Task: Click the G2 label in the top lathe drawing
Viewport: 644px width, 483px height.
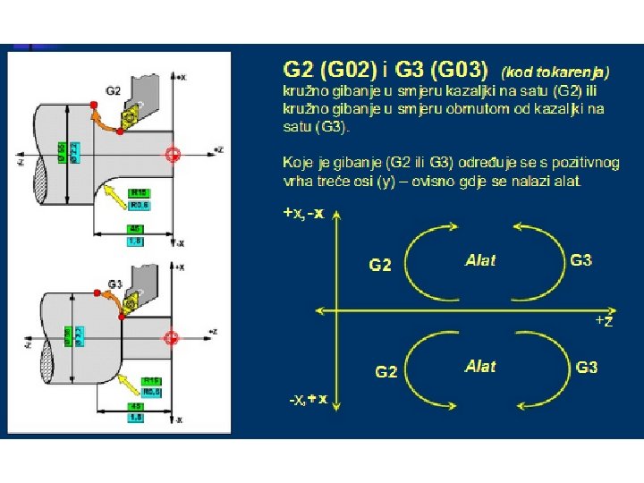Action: point(113,90)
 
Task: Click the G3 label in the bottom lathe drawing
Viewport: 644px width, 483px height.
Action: point(114,284)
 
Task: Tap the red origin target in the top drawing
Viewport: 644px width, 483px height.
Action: point(174,154)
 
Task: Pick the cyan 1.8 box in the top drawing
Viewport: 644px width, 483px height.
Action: point(135,241)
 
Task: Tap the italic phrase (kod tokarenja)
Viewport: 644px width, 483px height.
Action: point(555,70)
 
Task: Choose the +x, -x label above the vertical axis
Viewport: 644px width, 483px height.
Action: point(303,214)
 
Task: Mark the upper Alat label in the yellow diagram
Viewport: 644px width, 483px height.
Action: point(480,260)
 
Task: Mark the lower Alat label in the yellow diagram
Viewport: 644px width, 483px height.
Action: point(480,366)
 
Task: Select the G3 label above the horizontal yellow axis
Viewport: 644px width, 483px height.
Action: point(581,260)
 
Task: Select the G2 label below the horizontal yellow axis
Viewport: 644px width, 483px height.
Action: point(386,371)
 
